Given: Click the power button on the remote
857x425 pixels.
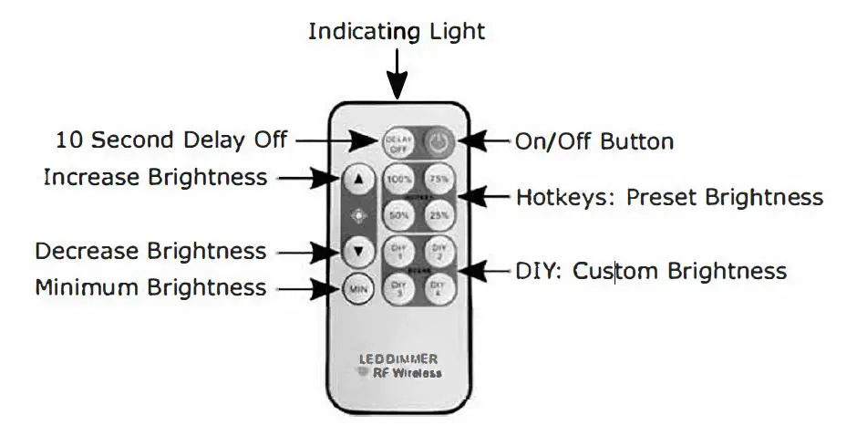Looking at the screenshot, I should tap(440, 140).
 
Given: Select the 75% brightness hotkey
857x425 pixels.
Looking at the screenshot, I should tap(439, 179).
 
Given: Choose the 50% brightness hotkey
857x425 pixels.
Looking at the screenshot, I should tap(398, 214).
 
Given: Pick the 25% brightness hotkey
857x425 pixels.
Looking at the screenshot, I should tap(439, 214).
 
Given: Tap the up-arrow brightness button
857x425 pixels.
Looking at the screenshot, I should tap(359, 179).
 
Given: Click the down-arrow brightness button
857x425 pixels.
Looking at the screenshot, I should tap(359, 250).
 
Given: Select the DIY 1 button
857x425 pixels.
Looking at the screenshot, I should tap(398, 250).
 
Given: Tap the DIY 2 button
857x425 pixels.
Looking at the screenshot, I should tap(439, 250).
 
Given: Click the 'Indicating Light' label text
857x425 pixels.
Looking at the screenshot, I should tap(397, 32).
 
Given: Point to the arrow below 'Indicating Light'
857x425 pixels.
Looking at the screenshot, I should tap(398, 73).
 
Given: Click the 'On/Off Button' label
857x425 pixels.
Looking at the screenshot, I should tap(594, 141).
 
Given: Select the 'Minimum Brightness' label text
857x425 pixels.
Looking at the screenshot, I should tap(150, 288).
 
